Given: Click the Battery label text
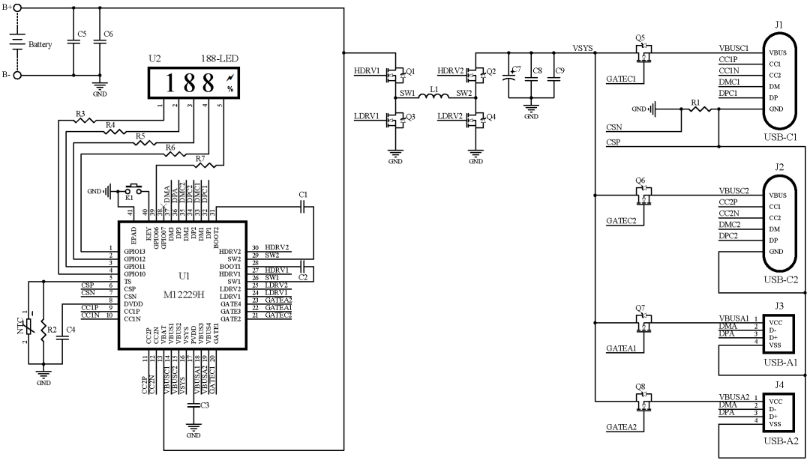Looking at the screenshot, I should pyautogui.click(x=40, y=45).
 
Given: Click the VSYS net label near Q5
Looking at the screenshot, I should pyautogui.click(x=583, y=49).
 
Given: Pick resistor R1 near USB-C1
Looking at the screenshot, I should pyautogui.click(x=701, y=109).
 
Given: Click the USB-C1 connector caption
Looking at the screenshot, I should pyautogui.click(x=781, y=136).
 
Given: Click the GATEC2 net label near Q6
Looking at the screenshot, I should pyautogui.click(x=621, y=221).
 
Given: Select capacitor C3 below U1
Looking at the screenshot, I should pyautogui.click(x=193, y=405).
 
